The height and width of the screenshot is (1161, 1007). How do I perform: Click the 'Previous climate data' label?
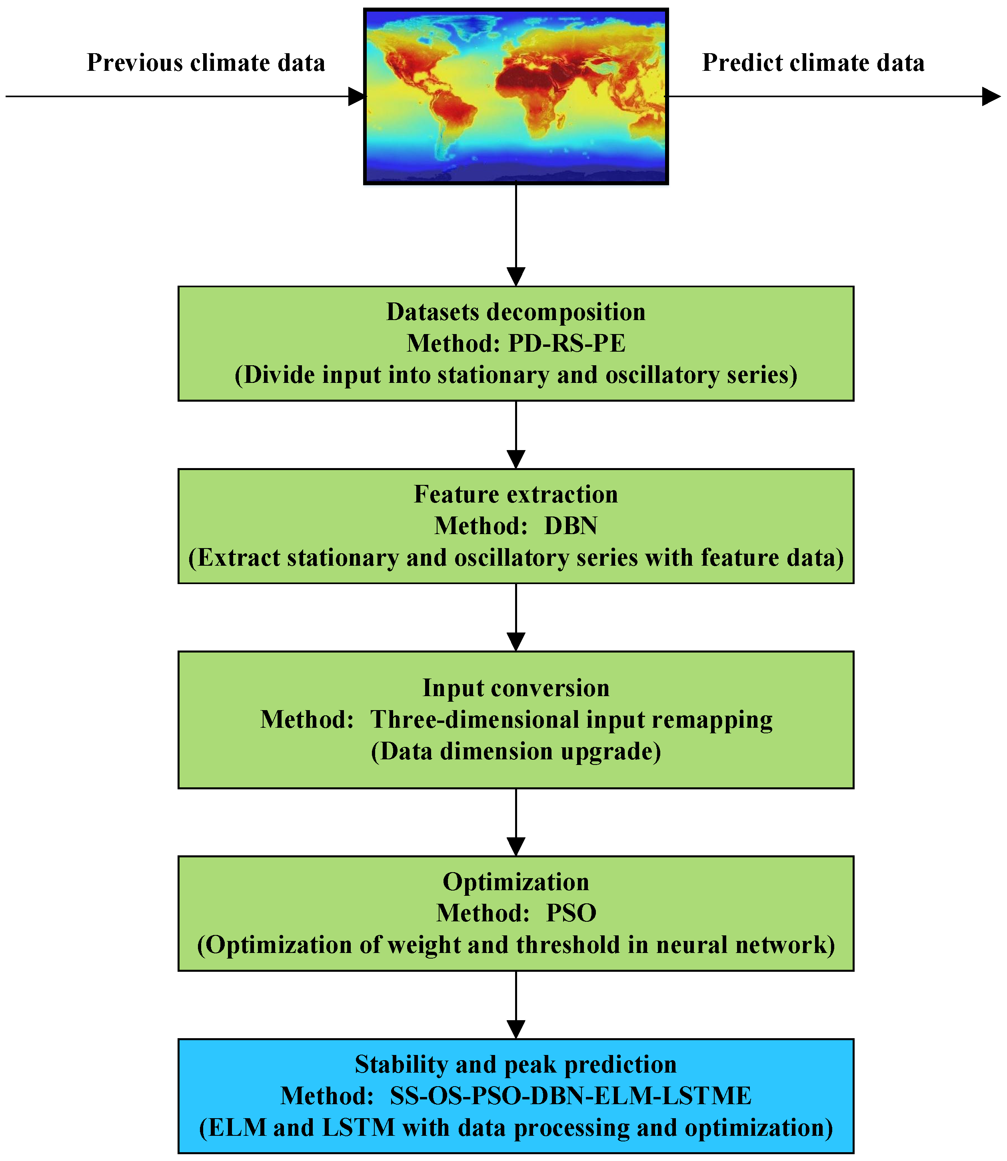point(206,62)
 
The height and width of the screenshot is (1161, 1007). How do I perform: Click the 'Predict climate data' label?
point(813,62)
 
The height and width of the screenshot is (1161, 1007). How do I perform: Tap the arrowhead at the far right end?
point(991,96)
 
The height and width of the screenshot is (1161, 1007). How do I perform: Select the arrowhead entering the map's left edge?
point(356,96)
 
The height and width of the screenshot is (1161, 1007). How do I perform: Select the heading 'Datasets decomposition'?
point(516,312)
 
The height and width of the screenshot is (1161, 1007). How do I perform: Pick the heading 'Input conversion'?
point(516,688)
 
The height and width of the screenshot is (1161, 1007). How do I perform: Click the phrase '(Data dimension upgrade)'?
point(516,752)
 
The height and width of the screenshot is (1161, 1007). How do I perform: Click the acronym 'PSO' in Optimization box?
point(571,913)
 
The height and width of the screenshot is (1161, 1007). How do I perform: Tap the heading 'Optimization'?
point(516,882)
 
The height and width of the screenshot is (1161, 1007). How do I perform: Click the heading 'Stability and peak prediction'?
point(516,1064)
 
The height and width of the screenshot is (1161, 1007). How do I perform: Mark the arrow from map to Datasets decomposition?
point(516,236)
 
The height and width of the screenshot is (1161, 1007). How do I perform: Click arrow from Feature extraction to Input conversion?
point(516,619)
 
